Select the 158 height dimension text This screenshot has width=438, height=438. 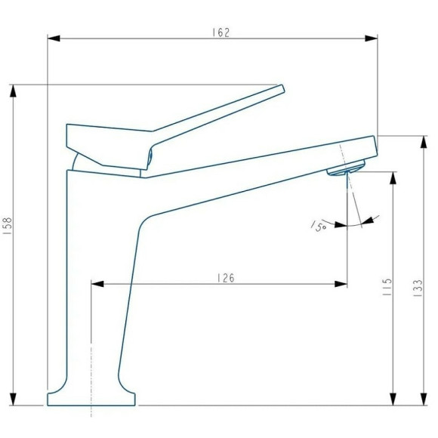[8, 227]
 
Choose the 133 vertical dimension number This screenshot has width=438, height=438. [418, 288]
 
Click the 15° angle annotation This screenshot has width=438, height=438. [319, 224]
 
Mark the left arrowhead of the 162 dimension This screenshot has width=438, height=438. [53, 37]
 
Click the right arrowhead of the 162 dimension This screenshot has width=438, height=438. [372, 37]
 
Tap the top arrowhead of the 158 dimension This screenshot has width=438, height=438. [13, 90]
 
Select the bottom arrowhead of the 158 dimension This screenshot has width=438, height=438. [13, 399]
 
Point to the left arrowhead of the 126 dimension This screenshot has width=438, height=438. [97, 284]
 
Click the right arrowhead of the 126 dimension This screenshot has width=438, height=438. [342, 284]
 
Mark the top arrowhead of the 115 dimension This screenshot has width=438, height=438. [393, 177]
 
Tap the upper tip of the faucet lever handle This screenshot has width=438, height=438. [281, 88]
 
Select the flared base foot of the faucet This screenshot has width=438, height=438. [92, 398]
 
